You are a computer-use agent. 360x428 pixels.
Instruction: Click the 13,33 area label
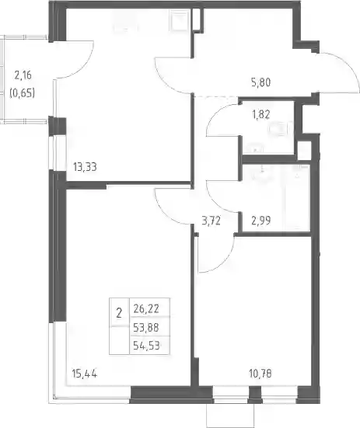click(x=85, y=166)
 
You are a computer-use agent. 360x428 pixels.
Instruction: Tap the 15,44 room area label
click(x=85, y=374)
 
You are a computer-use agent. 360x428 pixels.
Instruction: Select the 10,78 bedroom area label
click(x=260, y=374)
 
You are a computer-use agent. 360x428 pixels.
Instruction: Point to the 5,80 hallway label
click(x=260, y=82)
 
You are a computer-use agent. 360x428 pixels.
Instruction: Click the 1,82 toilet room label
click(x=260, y=114)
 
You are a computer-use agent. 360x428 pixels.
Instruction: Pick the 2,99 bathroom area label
click(x=260, y=220)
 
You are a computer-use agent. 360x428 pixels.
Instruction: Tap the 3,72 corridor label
click(x=211, y=220)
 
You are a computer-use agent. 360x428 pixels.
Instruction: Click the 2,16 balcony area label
click(x=23, y=75)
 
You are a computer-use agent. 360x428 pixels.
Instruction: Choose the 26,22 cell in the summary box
click(x=146, y=308)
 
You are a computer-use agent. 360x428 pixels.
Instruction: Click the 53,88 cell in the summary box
click(x=146, y=327)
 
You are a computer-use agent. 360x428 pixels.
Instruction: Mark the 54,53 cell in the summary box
click(x=146, y=346)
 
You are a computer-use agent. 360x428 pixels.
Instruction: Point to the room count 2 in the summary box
click(x=119, y=313)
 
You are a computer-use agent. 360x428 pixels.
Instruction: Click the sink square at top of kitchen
click(x=179, y=19)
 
